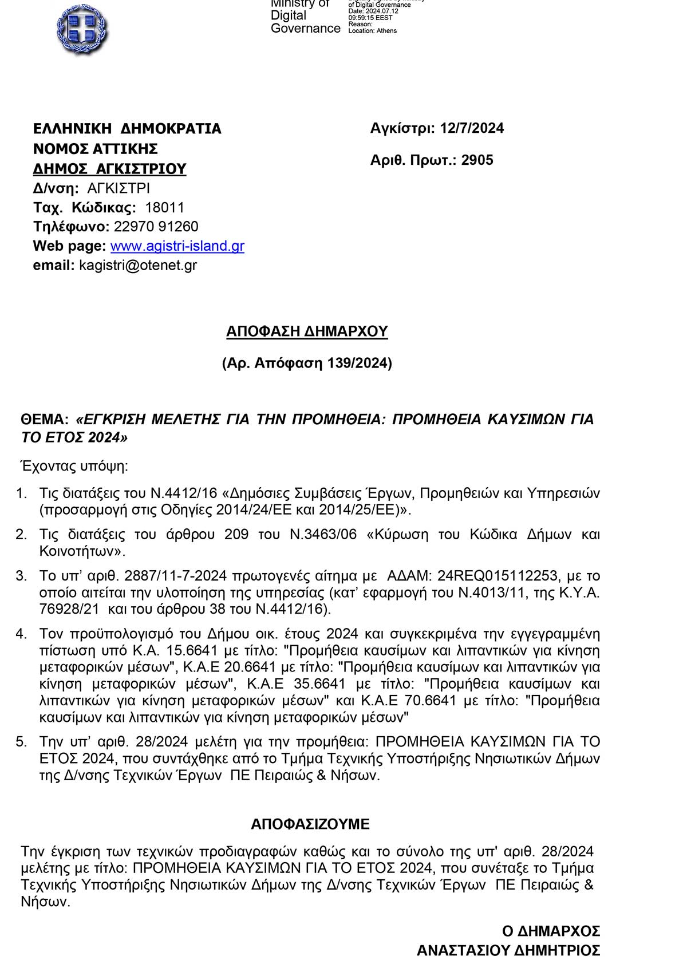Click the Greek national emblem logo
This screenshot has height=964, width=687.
(82, 29)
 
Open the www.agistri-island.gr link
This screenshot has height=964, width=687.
(177, 246)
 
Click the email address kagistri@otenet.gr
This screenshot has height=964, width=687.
(138, 265)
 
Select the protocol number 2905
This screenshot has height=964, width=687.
(477, 160)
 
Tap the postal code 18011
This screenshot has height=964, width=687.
(164, 207)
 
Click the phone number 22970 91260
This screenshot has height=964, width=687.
(156, 227)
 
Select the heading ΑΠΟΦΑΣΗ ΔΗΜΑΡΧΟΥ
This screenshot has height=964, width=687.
(307, 331)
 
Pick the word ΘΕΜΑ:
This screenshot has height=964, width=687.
(45, 420)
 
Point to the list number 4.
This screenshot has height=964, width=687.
(21, 634)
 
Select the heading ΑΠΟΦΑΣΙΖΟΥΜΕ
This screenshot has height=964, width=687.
(310, 824)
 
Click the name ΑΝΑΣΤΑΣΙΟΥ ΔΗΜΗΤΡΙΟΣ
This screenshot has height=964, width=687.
(508, 951)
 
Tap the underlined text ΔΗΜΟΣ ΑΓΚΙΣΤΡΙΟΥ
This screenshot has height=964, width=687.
(109, 169)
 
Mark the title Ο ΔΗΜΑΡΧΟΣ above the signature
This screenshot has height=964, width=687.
(551, 931)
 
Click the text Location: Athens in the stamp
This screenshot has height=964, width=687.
(372, 31)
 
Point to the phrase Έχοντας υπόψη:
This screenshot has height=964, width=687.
(74, 466)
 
